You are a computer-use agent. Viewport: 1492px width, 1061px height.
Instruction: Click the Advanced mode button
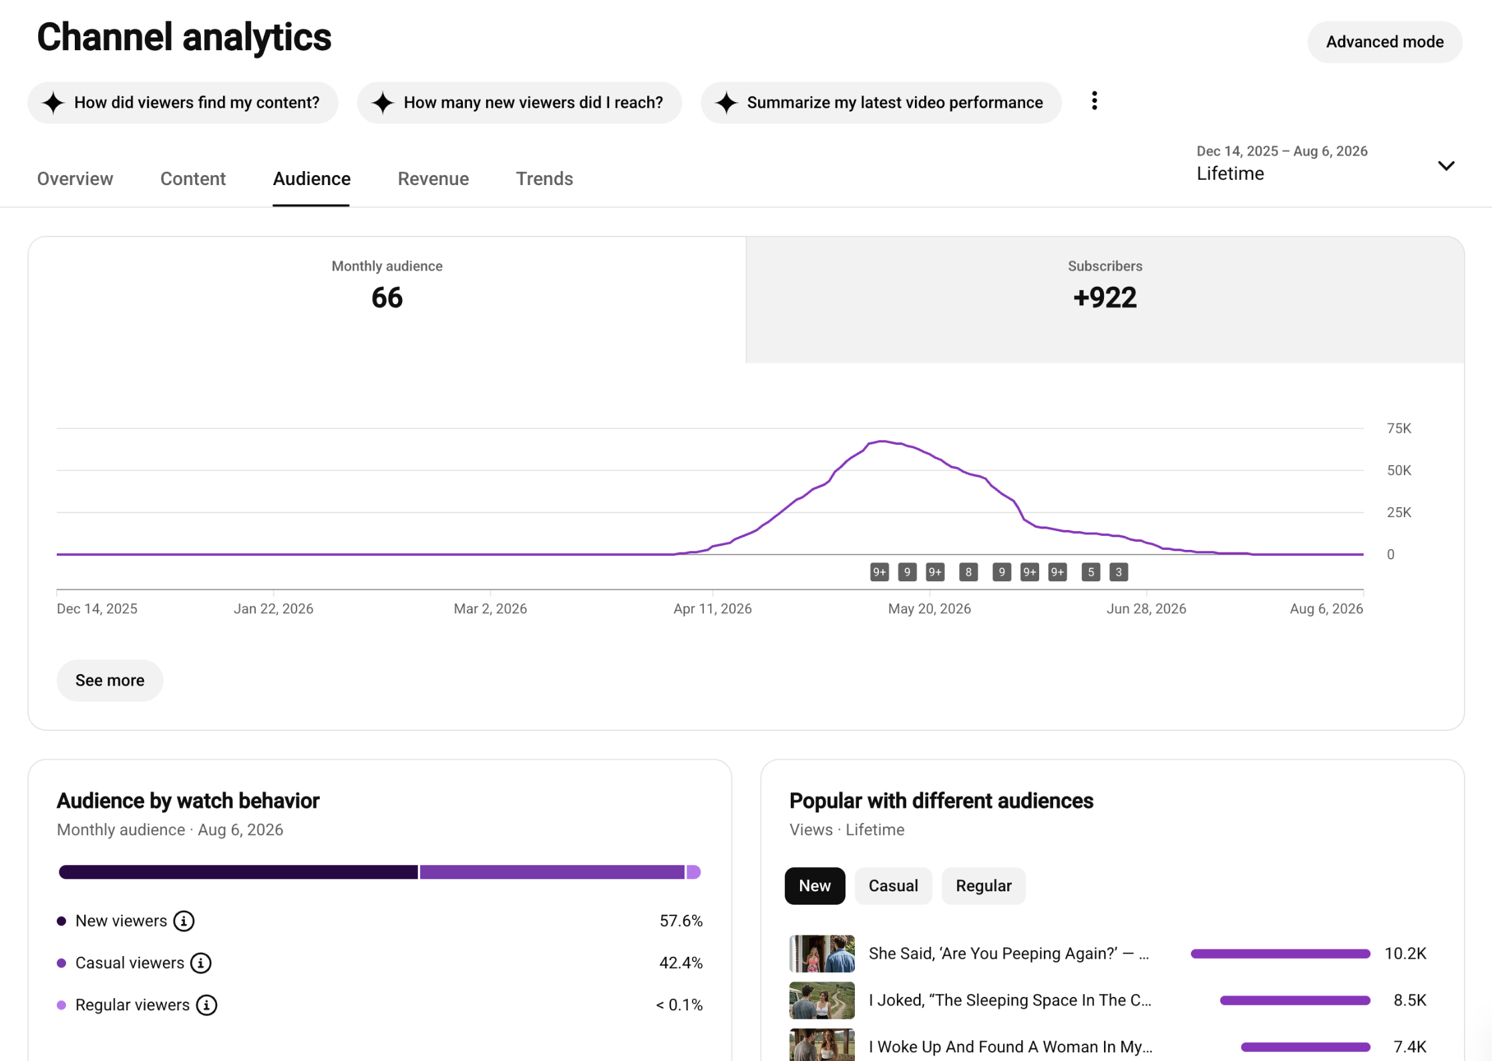tap(1384, 42)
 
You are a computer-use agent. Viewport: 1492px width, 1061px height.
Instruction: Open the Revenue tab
tap(433, 179)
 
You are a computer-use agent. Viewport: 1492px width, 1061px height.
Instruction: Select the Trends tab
tap(544, 179)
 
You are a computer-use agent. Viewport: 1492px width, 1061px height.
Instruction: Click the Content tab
tap(193, 179)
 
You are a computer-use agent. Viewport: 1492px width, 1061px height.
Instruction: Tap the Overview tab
tap(75, 179)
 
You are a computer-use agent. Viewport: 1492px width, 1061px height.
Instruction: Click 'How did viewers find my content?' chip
tap(183, 102)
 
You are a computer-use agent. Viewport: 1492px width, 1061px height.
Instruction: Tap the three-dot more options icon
tap(1094, 101)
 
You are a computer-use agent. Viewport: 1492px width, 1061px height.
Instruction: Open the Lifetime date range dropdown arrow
tap(1446, 166)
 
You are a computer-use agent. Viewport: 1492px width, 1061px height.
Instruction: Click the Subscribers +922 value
tap(1105, 298)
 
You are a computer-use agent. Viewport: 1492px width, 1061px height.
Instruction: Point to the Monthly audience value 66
tap(387, 298)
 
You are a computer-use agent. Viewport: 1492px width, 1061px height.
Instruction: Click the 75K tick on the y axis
tap(1398, 428)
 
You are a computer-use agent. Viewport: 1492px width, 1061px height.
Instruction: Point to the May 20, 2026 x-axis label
tap(929, 609)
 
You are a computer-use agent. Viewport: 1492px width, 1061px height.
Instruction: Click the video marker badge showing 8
tap(968, 572)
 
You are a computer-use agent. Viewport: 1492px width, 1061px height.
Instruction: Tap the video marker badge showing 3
tap(1119, 572)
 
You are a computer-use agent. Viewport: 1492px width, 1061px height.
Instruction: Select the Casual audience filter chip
tap(893, 886)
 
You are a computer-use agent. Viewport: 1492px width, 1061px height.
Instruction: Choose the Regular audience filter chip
tap(983, 886)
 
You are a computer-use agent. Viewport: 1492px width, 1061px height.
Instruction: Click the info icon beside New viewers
tap(184, 921)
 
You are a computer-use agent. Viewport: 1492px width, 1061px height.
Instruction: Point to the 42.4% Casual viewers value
tap(681, 963)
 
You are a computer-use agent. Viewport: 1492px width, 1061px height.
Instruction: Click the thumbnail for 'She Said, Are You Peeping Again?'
tap(821, 953)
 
